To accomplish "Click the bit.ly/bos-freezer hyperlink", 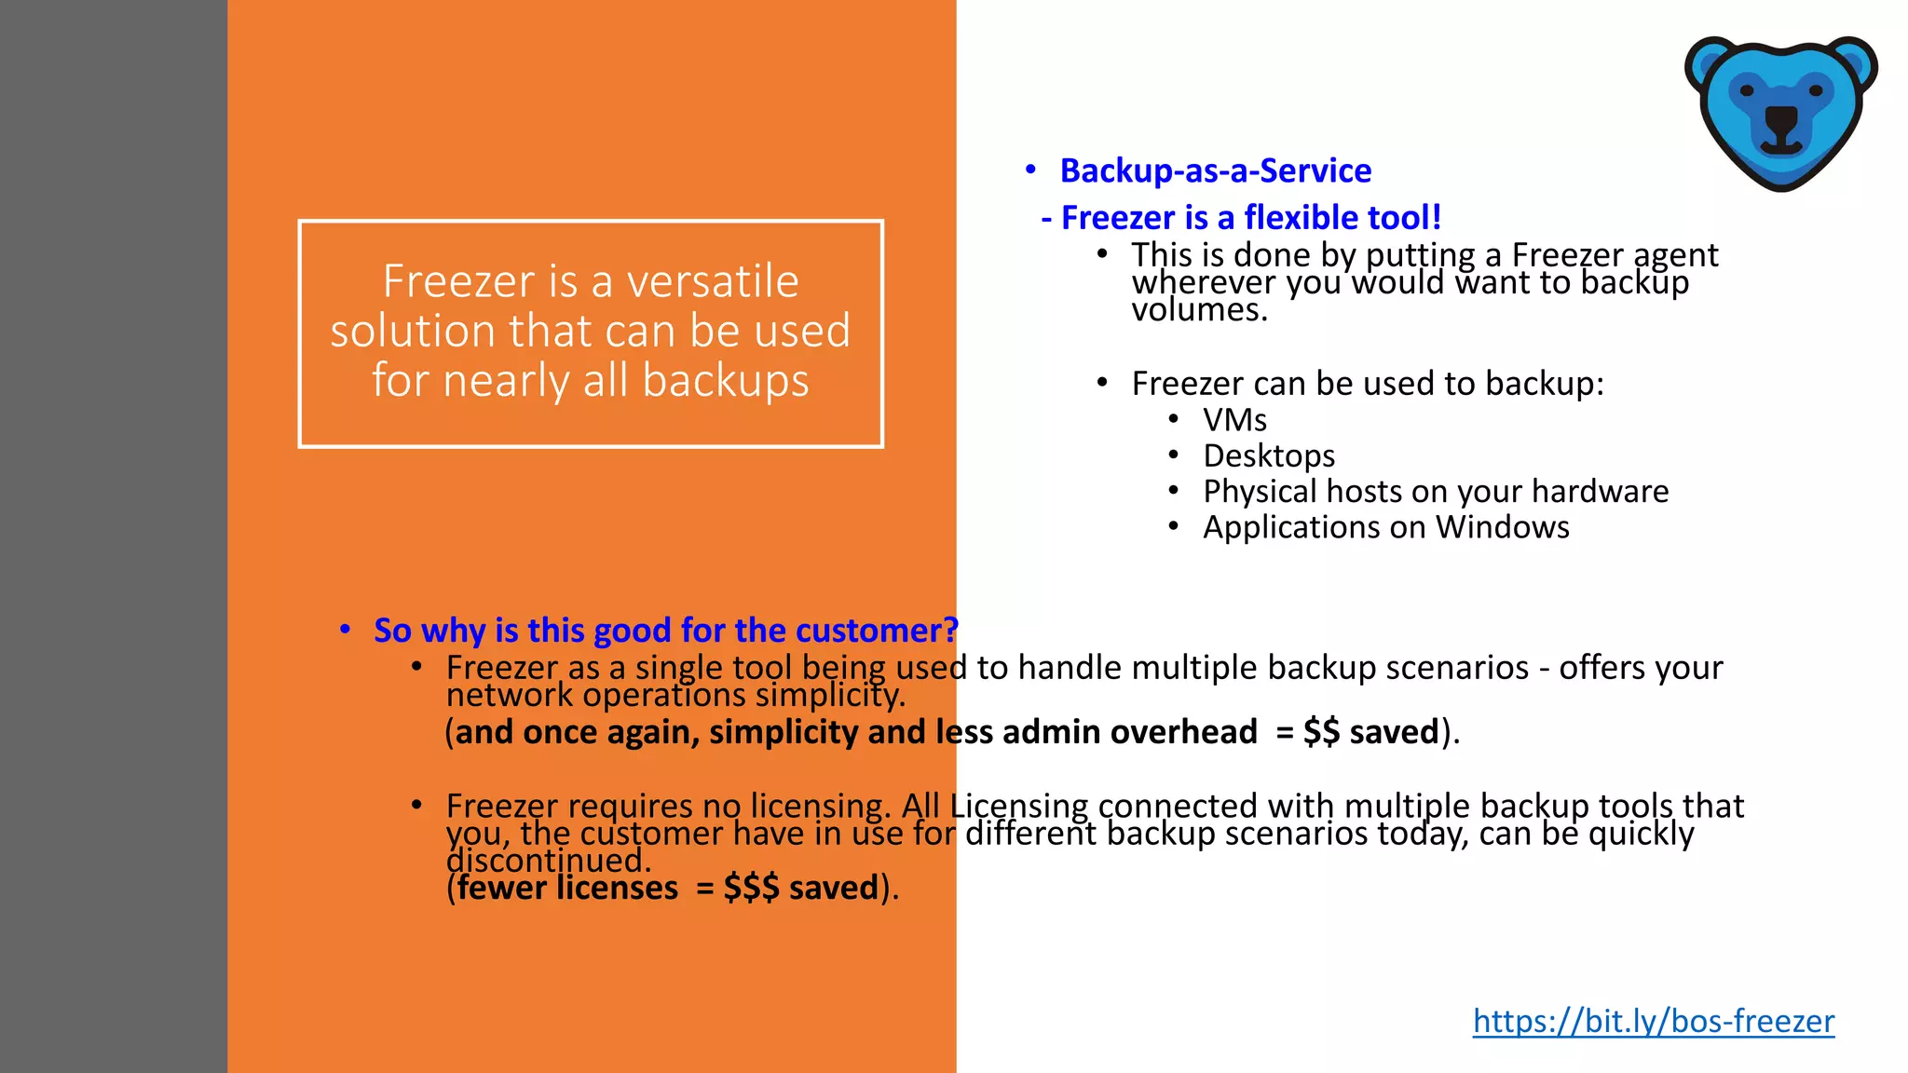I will [x=1653, y=1022].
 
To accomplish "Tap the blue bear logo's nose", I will [x=1781, y=120].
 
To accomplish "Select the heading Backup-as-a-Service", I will [x=1215, y=171].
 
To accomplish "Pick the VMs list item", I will [x=1234, y=420].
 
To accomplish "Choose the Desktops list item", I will [x=1269, y=455].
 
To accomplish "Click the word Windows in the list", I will [x=1502, y=527].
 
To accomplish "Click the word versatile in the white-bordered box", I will [x=712, y=281].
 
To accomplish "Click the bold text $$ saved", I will [x=1370, y=732].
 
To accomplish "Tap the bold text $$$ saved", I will [x=800, y=888].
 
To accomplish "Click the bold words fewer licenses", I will [x=567, y=888].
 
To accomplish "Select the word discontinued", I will [x=548, y=861].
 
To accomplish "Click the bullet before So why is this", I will [x=345, y=630].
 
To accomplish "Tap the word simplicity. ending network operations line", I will [x=829, y=696].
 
